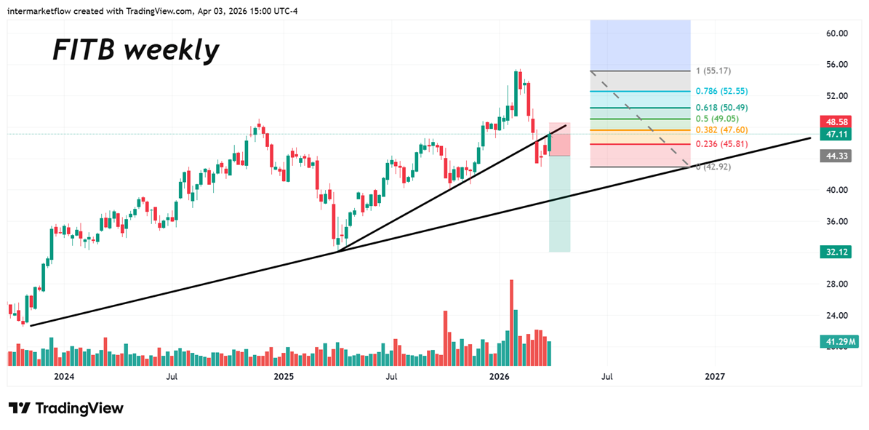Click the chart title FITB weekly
tap(135, 50)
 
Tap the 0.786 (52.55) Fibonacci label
tap(721, 92)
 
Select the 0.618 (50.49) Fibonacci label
tap(721, 108)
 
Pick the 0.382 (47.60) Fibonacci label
tap(721, 130)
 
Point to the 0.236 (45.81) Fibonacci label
tap(721, 144)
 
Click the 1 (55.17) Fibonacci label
tap(713, 71)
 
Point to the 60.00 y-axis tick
tap(838, 33)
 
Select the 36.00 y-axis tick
tap(838, 221)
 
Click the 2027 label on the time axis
tap(715, 377)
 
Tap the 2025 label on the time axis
tap(282, 377)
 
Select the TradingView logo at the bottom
tap(66, 408)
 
